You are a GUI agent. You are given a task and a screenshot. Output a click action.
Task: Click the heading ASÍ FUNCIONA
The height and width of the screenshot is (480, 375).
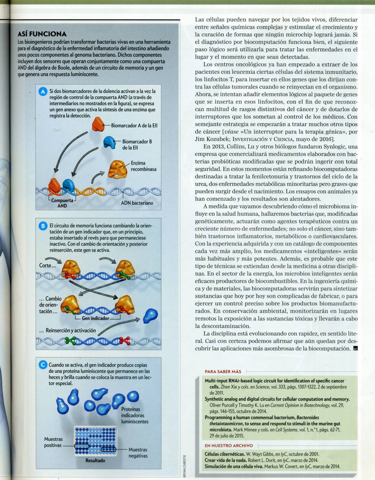(42, 34)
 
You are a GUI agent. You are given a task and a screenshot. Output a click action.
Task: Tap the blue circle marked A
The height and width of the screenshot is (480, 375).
(43, 91)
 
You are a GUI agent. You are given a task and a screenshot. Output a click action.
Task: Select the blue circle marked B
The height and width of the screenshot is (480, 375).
(43, 226)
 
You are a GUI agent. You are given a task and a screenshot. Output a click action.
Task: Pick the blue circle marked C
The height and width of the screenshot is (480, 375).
(43, 365)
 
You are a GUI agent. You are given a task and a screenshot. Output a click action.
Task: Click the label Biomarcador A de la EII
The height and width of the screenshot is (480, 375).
(134, 126)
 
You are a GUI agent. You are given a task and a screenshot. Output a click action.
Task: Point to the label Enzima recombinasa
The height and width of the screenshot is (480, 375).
(143, 166)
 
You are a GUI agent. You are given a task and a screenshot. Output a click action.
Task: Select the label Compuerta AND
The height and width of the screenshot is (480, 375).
(62, 203)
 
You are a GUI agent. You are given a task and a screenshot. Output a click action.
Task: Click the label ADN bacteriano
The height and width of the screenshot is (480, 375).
(137, 203)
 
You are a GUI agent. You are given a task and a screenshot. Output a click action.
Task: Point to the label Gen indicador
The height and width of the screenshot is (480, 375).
(95, 318)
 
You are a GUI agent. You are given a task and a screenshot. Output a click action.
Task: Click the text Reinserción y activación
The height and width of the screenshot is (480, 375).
(68, 331)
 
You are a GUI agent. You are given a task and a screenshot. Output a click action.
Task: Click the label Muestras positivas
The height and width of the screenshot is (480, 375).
(53, 442)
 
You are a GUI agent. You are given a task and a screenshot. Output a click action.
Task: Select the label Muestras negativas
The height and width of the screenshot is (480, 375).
(138, 453)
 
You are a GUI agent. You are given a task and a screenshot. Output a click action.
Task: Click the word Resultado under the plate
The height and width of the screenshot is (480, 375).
(95, 460)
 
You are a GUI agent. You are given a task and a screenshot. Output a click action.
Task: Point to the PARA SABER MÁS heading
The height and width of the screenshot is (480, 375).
(223, 371)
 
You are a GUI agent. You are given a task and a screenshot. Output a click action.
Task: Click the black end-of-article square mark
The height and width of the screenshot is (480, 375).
(355, 348)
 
